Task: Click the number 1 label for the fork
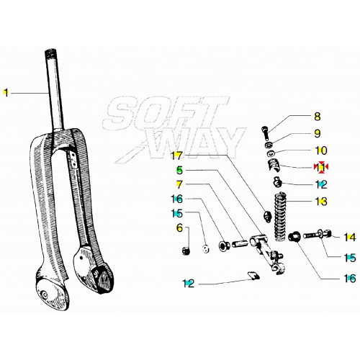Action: (x=6, y=93)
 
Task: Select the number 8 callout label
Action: (x=317, y=117)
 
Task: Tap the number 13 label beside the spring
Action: (x=321, y=202)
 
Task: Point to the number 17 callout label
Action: (x=176, y=156)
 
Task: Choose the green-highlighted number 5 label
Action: (x=179, y=171)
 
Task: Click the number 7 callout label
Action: (x=179, y=184)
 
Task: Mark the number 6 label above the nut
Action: (x=179, y=228)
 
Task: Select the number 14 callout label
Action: (x=349, y=238)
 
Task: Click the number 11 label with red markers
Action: (x=321, y=167)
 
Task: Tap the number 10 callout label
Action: (x=321, y=150)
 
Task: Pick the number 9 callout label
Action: (x=317, y=133)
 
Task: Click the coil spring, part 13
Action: (x=281, y=217)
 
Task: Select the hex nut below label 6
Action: (x=185, y=251)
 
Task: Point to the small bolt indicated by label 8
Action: (x=264, y=133)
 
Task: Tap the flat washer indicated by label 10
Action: (x=271, y=153)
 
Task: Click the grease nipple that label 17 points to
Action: (x=267, y=215)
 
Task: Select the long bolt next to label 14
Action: (x=318, y=234)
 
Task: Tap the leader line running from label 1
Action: (x=30, y=93)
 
